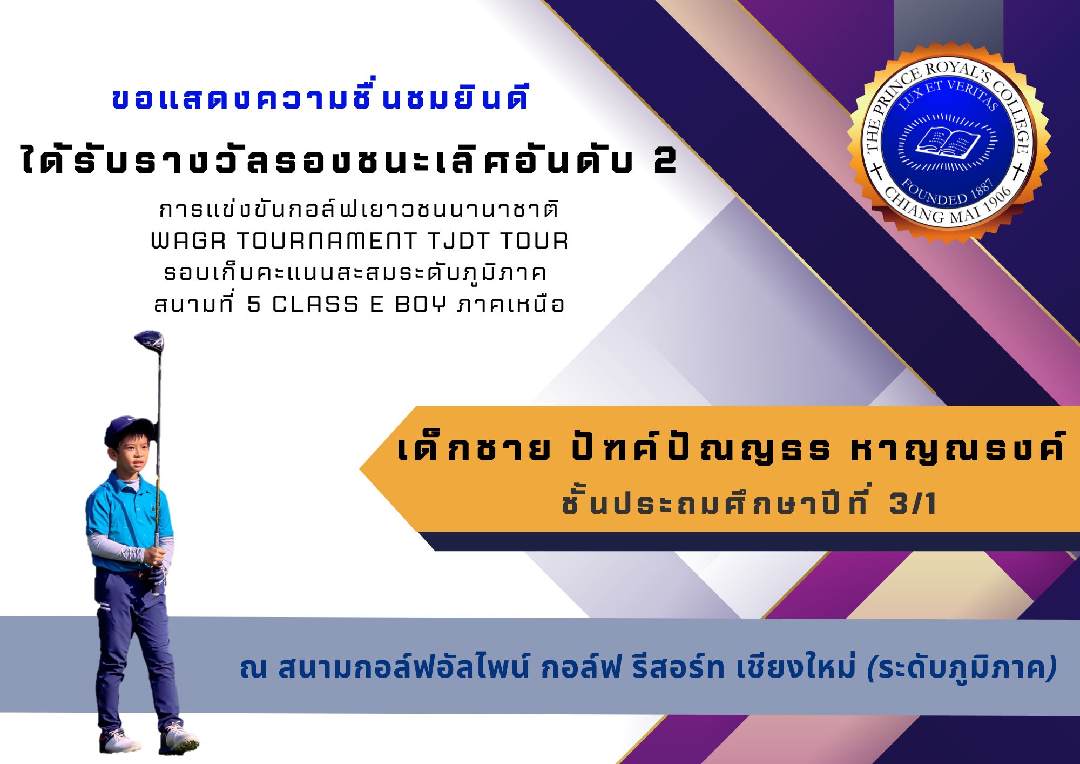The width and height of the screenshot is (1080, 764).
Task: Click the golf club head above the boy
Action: [149, 341]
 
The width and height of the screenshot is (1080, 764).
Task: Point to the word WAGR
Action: [188, 241]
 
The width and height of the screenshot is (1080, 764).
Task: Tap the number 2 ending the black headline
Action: [665, 162]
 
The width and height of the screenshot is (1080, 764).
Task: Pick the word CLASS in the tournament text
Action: [315, 305]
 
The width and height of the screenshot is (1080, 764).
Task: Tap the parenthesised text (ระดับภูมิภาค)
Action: [962, 669]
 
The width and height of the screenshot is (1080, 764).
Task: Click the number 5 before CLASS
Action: [254, 305]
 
